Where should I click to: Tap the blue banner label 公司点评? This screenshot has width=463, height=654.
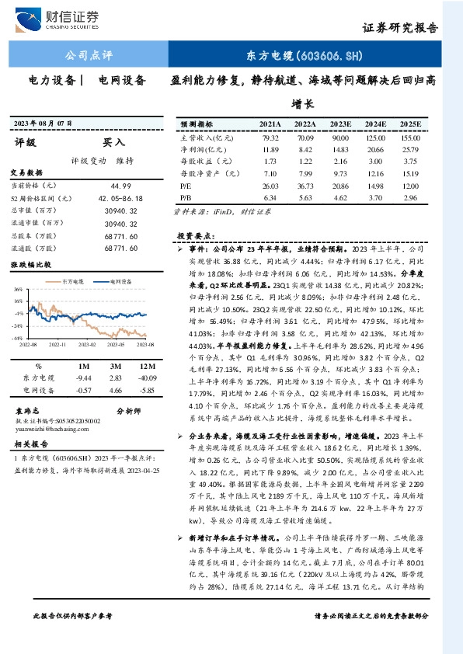tap(89, 55)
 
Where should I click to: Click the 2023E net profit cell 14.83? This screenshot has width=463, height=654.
tap(340, 149)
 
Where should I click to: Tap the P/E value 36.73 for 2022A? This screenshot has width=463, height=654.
tap(305, 186)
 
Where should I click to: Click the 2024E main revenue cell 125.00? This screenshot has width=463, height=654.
tap(374, 137)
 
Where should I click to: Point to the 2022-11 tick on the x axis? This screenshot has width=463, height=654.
tap(59, 343)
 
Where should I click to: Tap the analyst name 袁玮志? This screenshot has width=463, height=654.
tap(28, 409)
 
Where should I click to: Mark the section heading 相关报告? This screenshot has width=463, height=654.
tap(31, 445)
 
